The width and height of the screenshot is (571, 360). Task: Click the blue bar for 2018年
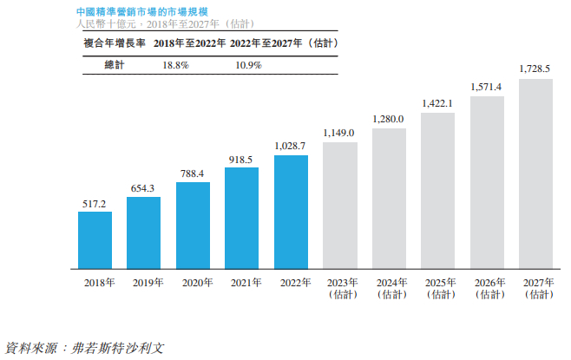pos(95,239)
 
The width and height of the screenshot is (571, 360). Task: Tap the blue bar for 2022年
pos(291,211)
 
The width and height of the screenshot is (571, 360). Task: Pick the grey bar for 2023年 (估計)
pos(339,205)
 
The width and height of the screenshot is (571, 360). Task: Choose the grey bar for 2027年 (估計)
pos(535,173)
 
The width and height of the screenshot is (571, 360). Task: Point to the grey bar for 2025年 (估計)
pos(437,190)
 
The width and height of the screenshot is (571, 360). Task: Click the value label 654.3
pos(143,188)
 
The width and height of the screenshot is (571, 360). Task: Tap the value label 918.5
pos(241,160)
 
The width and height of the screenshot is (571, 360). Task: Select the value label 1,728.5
pos(535,69)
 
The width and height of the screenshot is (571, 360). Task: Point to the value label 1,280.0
pos(388,118)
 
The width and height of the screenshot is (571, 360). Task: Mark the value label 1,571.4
pos(486,87)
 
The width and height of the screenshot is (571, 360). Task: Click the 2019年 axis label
pos(143,283)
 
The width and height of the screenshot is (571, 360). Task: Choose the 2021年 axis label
pos(241,283)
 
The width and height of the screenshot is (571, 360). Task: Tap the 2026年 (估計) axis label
pos(486,288)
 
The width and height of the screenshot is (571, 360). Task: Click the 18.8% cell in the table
pos(176,65)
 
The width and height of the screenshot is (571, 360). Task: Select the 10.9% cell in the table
pos(248,65)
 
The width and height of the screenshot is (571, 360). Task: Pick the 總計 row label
pos(114,65)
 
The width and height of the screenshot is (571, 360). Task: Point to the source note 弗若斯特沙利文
pos(115,348)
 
